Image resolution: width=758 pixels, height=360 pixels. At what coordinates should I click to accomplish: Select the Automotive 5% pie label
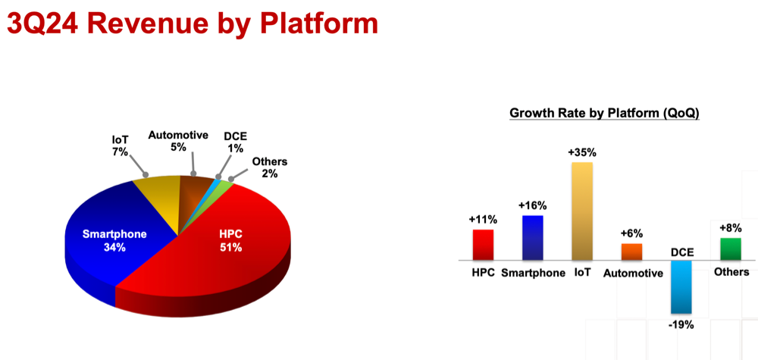coord(178,141)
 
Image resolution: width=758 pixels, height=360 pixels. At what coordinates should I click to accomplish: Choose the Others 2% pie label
coord(270,167)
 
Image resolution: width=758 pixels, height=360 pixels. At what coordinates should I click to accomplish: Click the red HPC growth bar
coord(483,245)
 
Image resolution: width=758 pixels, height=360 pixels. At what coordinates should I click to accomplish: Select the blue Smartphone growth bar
coord(533,238)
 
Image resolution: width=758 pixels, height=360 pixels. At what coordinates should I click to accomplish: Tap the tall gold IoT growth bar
coord(582,211)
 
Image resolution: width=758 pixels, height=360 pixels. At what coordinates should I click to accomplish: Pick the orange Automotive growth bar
coord(632,252)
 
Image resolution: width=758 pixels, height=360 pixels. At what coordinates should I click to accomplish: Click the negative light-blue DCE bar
coord(681,287)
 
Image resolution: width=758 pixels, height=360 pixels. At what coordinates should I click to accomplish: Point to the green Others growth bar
coord(731,249)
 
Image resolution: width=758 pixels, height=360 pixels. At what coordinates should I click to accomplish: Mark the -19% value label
coord(681,324)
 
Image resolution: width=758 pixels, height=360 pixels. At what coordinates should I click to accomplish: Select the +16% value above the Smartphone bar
coord(533,206)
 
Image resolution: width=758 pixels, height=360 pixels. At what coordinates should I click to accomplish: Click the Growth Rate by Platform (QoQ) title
coord(604,114)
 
